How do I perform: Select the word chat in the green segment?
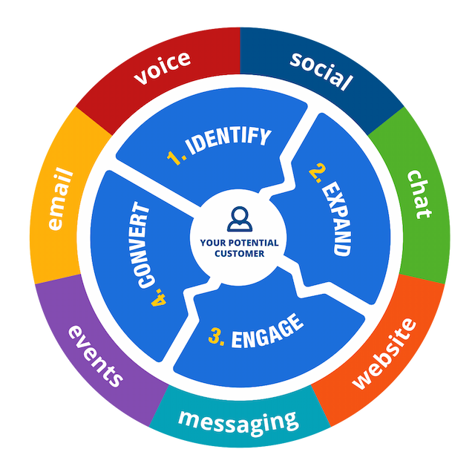[419, 194]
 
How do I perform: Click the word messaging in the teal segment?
[237, 422]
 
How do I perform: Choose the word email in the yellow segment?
[60, 200]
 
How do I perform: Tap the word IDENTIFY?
[228, 140]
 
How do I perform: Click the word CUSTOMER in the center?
[239, 253]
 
